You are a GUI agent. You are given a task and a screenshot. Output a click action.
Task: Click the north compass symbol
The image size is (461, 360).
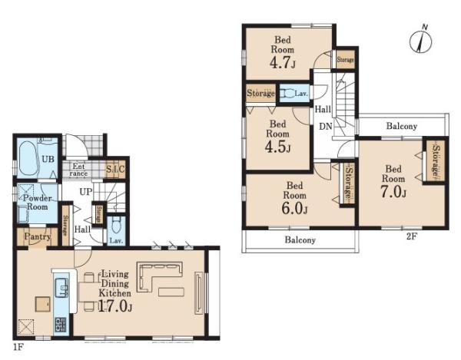[x=420, y=41]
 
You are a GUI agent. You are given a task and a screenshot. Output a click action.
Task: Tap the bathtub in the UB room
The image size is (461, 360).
[x=28, y=158]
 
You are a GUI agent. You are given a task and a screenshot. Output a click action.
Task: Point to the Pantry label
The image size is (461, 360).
[x=38, y=236]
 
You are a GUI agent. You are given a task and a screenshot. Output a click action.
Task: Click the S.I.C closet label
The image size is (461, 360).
[x=115, y=169]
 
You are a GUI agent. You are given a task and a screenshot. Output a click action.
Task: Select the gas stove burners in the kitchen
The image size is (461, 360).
[x=61, y=325]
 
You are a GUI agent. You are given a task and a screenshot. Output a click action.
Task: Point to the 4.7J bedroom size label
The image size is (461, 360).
[x=282, y=62]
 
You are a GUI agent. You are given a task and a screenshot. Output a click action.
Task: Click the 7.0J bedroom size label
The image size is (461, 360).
[x=393, y=192]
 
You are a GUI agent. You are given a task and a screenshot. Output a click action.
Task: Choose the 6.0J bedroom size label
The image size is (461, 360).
[x=294, y=208]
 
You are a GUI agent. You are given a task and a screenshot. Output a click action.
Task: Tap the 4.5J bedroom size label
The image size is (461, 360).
[x=277, y=147]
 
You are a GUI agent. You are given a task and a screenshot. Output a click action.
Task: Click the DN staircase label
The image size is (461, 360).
[x=326, y=126]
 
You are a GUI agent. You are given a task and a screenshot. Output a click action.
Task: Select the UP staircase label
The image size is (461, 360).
[x=86, y=192]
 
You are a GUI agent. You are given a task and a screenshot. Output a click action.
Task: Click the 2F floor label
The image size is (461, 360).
[x=412, y=236]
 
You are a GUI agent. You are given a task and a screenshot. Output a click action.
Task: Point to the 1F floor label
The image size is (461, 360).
[x=18, y=348]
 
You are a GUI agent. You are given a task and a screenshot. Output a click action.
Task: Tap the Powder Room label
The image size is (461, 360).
[x=38, y=202]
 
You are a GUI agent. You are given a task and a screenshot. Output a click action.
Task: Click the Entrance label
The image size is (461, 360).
[x=78, y=170]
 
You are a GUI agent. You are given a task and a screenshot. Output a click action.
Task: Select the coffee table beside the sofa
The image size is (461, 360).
[x=171, y=292]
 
